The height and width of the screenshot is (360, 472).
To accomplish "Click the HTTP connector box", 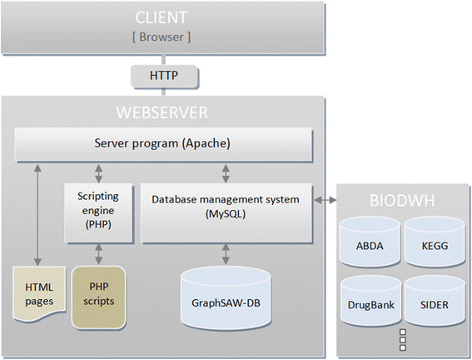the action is pos(164,76).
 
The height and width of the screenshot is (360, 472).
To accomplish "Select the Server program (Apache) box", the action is pos(163,144).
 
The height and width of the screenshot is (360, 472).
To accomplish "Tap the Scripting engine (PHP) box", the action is pos(98,212).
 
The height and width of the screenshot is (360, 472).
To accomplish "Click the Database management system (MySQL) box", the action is pos(226,212).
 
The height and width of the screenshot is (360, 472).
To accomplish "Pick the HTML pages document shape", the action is pos(39,293).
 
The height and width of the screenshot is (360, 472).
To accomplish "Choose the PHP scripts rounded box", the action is pos(98,297).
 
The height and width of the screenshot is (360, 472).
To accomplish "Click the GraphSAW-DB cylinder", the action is pos(226,297).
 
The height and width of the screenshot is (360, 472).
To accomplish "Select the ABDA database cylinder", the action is pos(370,242).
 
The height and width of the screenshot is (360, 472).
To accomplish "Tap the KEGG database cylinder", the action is pos(435,242).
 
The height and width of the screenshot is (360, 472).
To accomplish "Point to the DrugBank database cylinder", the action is pos(370,301).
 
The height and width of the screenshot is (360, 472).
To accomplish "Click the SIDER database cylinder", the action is pos(435,301).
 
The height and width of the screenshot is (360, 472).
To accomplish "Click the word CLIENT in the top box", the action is pos(161,17).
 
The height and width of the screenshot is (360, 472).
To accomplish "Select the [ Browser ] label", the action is pos(161,37).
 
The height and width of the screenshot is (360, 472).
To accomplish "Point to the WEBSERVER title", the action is pos(162,112).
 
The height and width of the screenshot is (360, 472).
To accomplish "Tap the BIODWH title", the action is pos(402,200).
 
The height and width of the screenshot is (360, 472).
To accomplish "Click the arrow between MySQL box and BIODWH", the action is pos(325,199).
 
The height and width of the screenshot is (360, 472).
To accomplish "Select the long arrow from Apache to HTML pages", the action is pos(37,215).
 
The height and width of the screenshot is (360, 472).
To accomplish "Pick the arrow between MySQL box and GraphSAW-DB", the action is pos(226,254).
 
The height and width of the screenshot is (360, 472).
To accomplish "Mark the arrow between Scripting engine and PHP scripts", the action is pos(99,254).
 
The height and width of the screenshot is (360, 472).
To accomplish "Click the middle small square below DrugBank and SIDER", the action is pos(402,340).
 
